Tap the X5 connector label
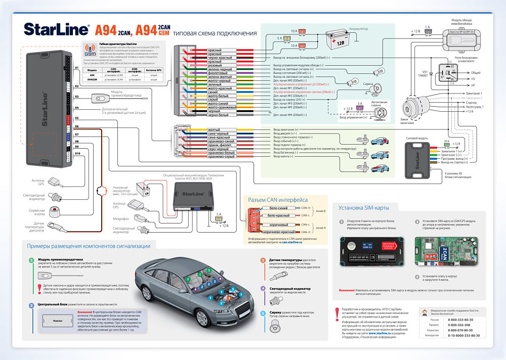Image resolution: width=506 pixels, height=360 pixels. (77, 118)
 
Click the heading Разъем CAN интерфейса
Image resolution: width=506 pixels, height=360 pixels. (277, 200)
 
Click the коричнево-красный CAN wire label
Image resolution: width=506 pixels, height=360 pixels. (278, 232)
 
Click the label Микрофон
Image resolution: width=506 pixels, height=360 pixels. (120, 218)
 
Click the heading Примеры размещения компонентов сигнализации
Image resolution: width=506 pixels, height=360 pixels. (89, 246)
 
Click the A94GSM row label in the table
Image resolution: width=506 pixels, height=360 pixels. (93, 79)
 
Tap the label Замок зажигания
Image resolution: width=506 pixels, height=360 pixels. (407, 119)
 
